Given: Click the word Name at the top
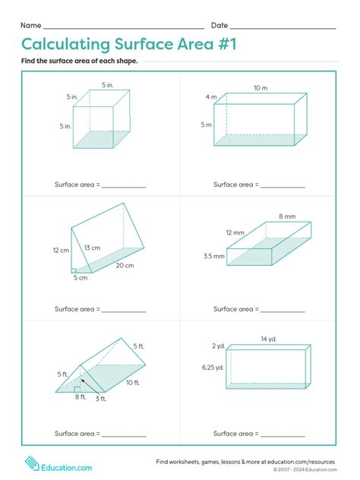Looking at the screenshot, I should click(30, 26).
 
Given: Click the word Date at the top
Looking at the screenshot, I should click(219, 26).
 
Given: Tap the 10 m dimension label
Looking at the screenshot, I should click(261, 88).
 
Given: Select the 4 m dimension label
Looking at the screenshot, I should click(211, 97).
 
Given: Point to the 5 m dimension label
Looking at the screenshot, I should click(207, 125).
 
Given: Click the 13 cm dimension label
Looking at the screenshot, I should click(92, 248).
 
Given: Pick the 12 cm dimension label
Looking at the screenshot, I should click(61, 250).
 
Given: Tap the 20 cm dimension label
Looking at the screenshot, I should click(125, 265).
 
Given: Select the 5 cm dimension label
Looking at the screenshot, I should click(81, 278).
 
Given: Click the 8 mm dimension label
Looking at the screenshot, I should click(287, 216).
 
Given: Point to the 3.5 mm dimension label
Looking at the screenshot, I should click(214, 257).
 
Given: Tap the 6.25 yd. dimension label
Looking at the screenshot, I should click(213, 368).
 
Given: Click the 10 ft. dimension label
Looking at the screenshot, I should click(133, 382).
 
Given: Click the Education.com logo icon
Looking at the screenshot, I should click(32, 463).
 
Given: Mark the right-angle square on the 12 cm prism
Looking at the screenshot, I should click(74, 269).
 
